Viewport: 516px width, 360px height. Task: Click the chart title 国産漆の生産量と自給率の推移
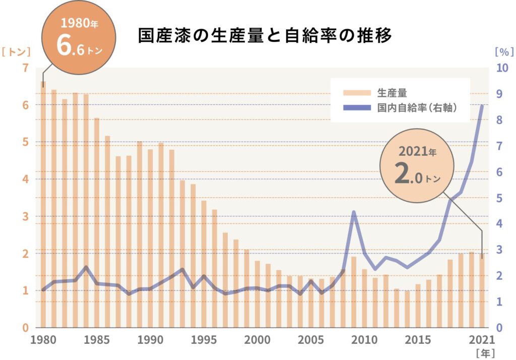coord(265,36)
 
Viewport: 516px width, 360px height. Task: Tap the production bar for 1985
coord(97,227)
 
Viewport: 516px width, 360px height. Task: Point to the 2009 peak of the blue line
coord(354,212)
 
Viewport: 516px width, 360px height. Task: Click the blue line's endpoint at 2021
coord(482,105)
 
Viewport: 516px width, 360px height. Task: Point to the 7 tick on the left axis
coord(26,68)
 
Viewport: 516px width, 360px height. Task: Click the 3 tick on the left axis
coord(26,217)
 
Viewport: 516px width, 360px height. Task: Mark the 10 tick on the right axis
coord(501,68)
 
